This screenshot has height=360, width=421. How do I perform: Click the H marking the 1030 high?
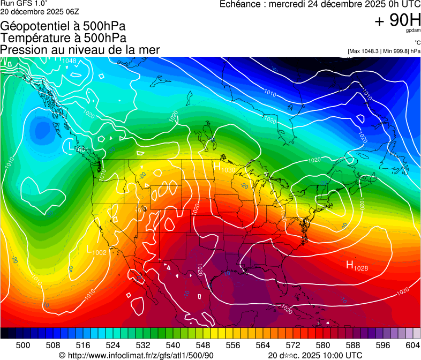pos(217,167)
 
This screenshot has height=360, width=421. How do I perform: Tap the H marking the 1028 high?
pos(350,264)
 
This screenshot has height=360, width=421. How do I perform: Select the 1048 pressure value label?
pos(69,61)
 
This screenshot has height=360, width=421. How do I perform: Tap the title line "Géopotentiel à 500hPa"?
pos(63,26)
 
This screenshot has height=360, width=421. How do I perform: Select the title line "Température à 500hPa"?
pos(63,38)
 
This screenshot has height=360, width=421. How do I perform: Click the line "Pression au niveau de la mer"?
pos(80,50)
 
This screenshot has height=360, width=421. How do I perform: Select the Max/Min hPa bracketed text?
pos(384,51)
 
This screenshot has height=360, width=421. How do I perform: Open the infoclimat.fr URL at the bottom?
pos(141,355)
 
